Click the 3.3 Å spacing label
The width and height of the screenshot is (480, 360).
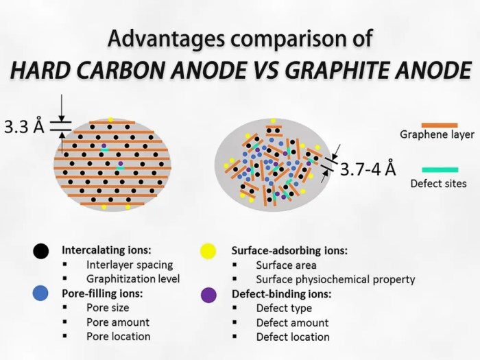click(24, 126)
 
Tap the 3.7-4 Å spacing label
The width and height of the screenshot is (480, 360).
click(368, 169)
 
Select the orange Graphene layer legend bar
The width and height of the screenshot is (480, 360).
click(440, 125)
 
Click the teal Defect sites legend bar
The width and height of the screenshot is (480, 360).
click(440, 170)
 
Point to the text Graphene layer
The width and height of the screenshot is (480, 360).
click(437, 134)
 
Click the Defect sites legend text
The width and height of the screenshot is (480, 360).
click(438, 184)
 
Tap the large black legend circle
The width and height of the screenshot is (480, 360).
click(40, 251)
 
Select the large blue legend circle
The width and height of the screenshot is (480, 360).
click(40, 293)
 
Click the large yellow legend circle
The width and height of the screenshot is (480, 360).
click(208, 252)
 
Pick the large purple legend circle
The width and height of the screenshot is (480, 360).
click(208, 295)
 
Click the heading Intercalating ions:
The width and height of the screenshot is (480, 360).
click(106, 250)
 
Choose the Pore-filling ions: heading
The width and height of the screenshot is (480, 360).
click(103, 293)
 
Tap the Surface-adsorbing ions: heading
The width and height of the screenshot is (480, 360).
click(289, 251)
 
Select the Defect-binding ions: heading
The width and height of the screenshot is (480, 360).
click(282, 294)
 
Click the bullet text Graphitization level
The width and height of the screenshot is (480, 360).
click(133, 279)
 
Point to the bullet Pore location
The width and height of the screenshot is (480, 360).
click(119, 337)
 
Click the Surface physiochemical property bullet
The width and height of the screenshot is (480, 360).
click(335, 280)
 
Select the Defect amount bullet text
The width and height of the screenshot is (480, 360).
click(292, 323)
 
